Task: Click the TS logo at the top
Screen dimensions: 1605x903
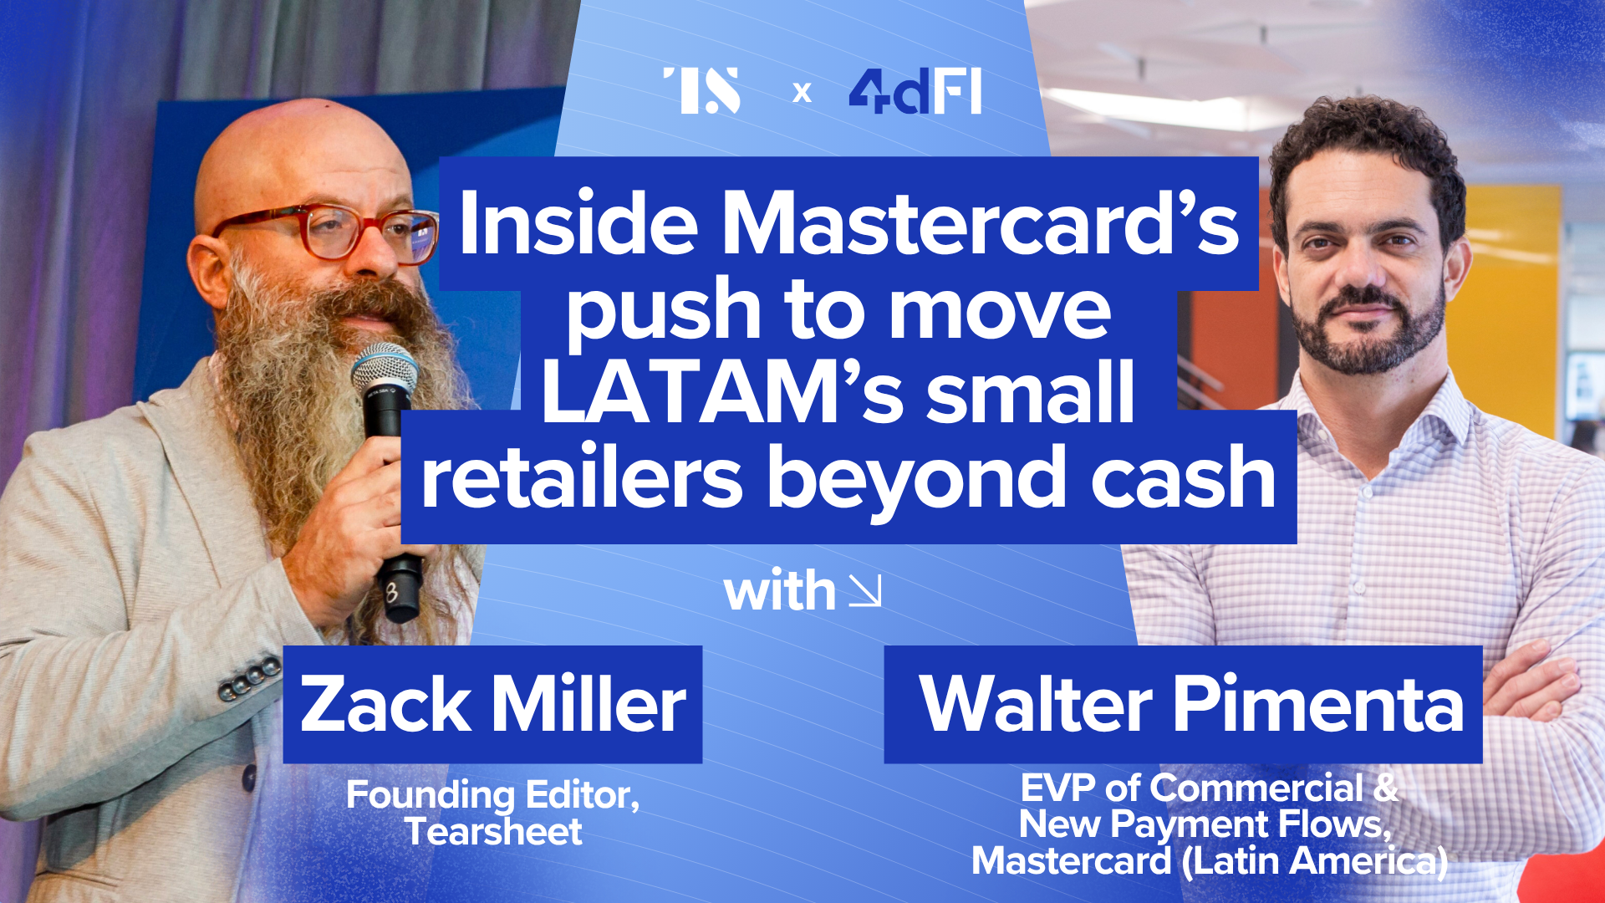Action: point(701,90)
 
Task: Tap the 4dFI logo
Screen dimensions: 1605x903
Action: point(915,91)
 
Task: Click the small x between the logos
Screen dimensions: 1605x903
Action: point(802,92)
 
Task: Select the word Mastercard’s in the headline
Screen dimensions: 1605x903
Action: point(980,222)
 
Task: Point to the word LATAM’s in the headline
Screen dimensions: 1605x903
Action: point(722,391)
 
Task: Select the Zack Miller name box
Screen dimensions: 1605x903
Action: point(492,704)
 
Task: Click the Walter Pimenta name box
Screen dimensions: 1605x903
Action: point(1183,704)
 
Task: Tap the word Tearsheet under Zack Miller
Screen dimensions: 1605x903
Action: point(493,831)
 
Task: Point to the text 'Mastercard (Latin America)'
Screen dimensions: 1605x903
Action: point(1209,861)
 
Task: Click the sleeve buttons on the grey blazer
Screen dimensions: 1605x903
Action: point(249,678)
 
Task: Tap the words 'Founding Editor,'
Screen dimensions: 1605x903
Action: point(493,795)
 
